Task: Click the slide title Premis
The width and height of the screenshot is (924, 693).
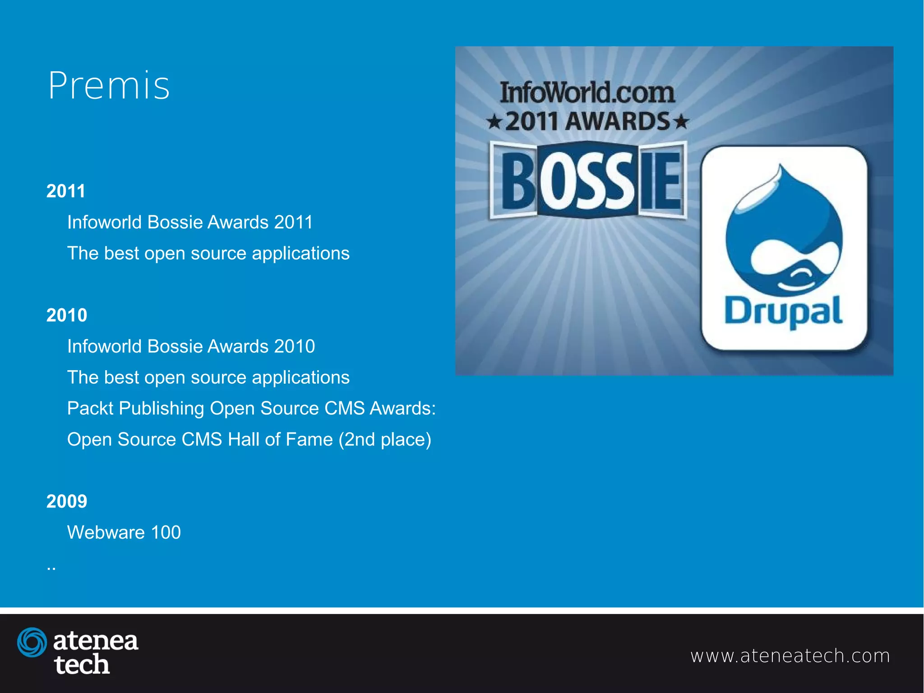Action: coord(109,85)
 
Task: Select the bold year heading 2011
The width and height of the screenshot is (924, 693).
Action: coord(66,191)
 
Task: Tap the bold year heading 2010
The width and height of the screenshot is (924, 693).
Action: coord(67,315)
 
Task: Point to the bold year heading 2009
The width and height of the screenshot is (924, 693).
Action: coord(67,501)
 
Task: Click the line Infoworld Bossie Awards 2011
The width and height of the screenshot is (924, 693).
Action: coord(190,222)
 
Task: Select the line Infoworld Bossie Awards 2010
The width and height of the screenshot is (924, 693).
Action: coord(191,346)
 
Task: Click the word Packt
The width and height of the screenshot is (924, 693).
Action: coord(90,408)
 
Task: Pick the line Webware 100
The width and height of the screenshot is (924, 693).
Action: coord(124,532)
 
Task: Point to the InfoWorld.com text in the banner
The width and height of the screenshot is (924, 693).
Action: coord(587,93)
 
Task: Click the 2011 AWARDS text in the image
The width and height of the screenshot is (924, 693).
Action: coord(587,121)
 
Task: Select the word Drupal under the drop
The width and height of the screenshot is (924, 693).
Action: coord(783,312)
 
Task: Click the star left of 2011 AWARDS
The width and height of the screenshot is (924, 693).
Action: coord(494,122)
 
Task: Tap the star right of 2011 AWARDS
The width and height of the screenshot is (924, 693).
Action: coord(682,122)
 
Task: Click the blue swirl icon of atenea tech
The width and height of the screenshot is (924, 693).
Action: coord(32,642)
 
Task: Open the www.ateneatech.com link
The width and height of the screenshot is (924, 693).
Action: coord(790,656)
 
